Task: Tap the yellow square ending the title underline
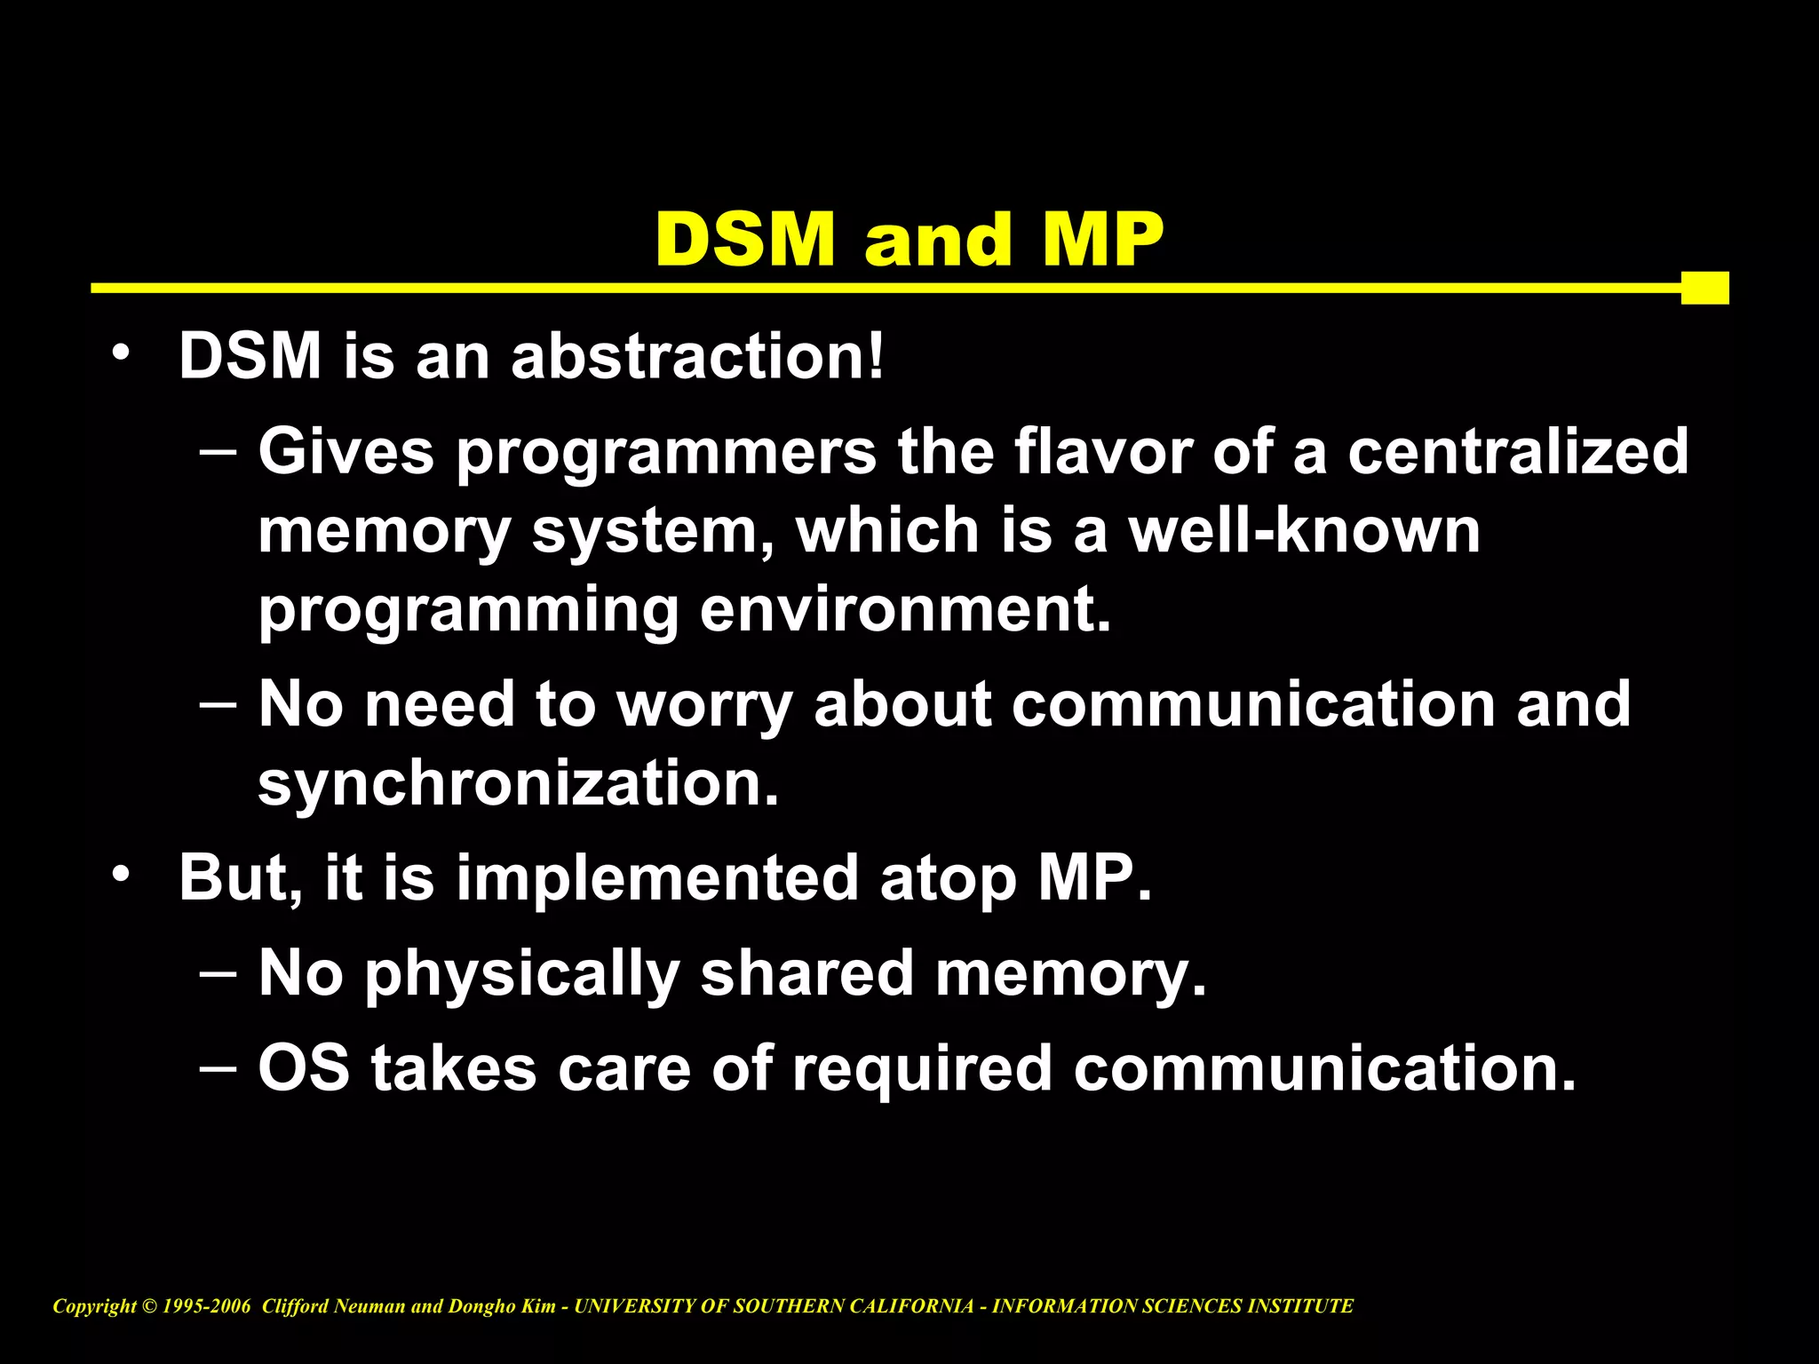(1704, 288)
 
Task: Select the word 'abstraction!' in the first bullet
(698, 356)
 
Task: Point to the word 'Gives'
(346, 452)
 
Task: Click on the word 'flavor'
(1104, 452)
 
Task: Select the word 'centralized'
(1518, 452)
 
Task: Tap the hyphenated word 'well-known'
(1304, 530)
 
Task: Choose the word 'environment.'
(905, 610)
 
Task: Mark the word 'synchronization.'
(519, 783)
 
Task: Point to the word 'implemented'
(657, 878)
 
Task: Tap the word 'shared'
(806, 973)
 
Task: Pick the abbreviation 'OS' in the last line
(304, 1067)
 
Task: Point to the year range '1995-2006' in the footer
(207, 1306)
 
